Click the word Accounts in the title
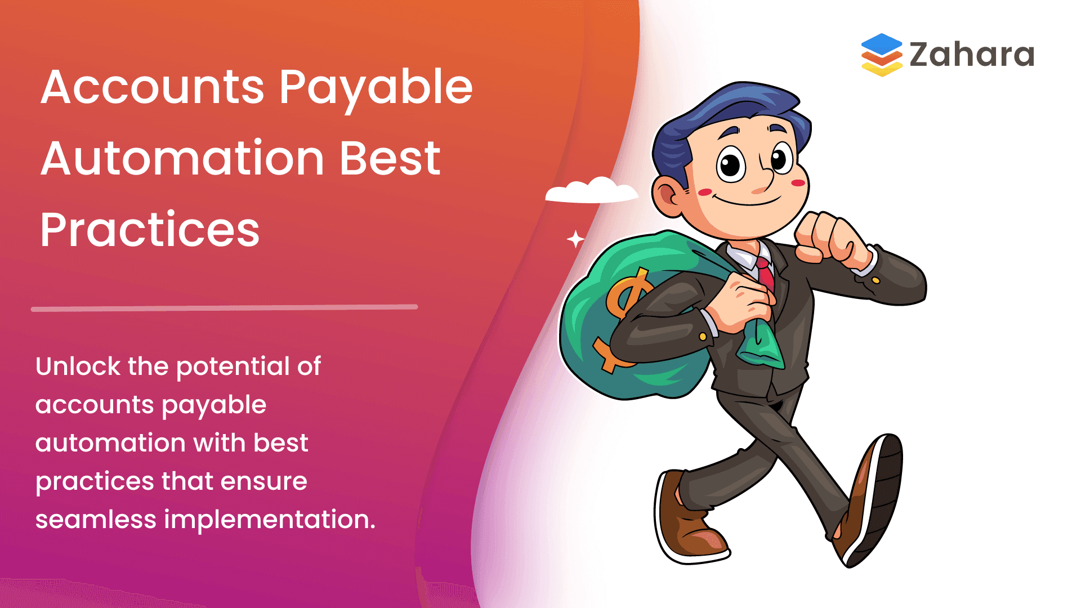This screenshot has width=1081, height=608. tap(152, 87)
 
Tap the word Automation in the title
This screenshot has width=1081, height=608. tap(182, 159)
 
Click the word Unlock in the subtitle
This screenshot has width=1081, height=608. tap(78, 366)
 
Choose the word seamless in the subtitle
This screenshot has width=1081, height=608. tap(95, 519)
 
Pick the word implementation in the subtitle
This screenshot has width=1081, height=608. tap(269, 520)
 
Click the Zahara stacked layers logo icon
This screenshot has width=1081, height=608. tap(881, 55)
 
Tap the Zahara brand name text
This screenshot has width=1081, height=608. tap(972, 55)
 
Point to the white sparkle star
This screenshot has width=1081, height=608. tap(575, 239)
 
